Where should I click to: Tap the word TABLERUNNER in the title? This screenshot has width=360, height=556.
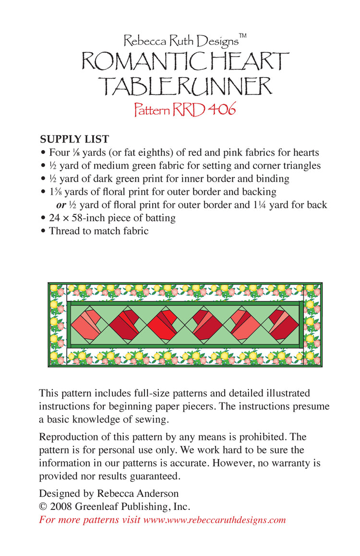click(x=185, y=86)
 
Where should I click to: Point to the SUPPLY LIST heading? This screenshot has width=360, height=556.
click(x=74, y=139)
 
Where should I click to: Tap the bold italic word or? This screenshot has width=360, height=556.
click(x=61, y=205)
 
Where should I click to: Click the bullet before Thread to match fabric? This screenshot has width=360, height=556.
click(x=43, y=231)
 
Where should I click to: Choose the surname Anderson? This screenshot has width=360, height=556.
click(x=156, y=493)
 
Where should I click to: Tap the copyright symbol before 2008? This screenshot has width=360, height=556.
click(x=43, y=507)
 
